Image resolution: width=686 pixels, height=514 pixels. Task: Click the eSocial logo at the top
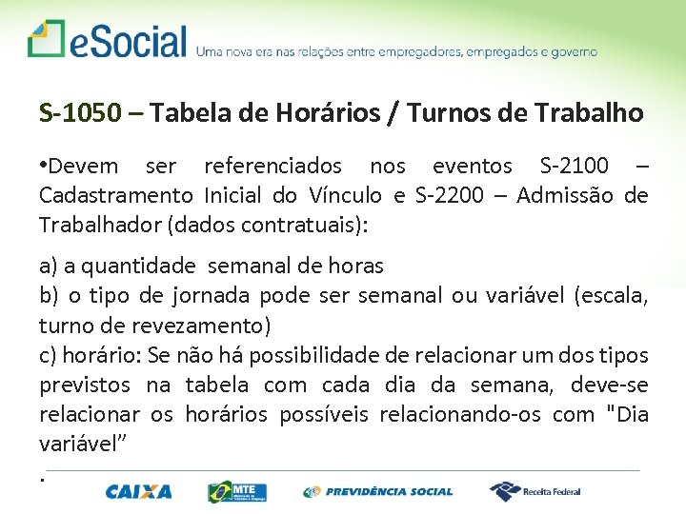(107, 41)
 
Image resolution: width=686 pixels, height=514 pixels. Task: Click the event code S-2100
(574, 167)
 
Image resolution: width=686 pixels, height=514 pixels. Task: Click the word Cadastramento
(115, 196)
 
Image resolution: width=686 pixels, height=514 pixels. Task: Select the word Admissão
(569, 196)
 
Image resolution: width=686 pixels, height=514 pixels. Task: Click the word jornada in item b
(212, 296)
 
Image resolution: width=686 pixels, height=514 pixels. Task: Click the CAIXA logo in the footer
(139, 492)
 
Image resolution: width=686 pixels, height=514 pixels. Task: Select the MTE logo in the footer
(237, 492)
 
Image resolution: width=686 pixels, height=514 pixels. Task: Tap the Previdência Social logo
(378, 492)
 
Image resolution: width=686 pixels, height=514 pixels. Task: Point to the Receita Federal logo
(535, 491)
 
